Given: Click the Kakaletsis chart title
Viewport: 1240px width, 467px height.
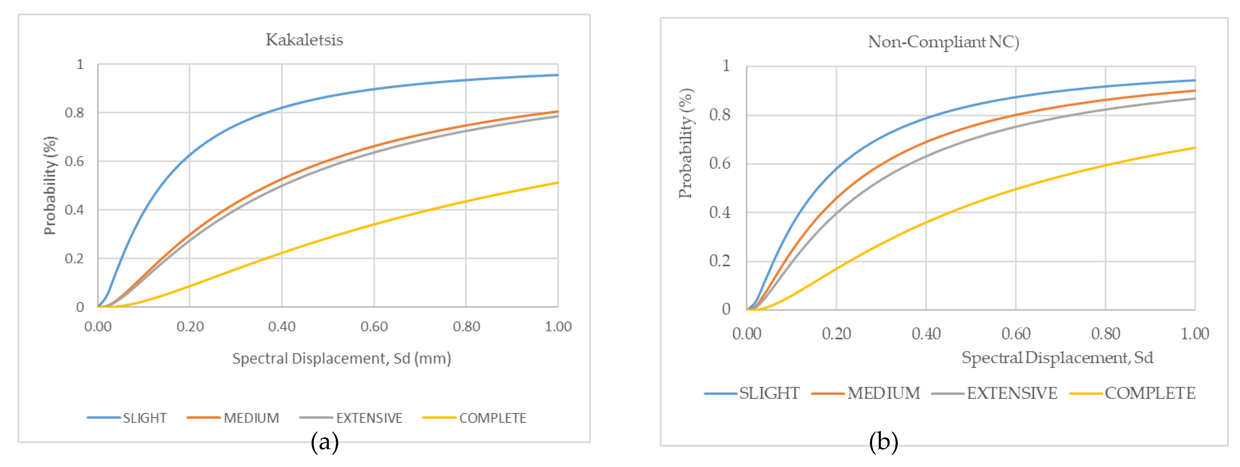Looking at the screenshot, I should (304, 39).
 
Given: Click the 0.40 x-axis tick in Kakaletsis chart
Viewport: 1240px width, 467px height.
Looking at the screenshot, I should (282, 327).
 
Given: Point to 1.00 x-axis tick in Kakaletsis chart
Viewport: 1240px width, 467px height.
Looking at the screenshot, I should (558, 327).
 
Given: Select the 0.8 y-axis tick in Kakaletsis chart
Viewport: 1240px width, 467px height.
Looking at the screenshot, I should (74, 113).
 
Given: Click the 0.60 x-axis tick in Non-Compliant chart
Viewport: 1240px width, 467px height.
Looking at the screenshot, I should (1016, 334).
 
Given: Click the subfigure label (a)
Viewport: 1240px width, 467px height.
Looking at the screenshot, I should (325, 442).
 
